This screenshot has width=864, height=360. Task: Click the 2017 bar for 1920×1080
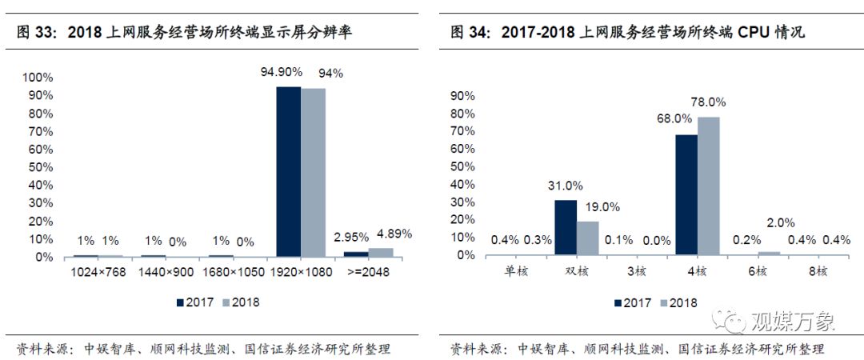[288, 171]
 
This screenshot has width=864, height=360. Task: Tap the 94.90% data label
[281, 73]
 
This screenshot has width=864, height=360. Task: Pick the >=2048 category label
[368, 274]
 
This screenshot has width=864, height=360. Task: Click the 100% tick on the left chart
[38, 78]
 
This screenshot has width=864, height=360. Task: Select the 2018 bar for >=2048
[380, 253]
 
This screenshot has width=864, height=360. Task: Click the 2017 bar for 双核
[566, 227]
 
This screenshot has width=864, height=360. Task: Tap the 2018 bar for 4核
[708, 186]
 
